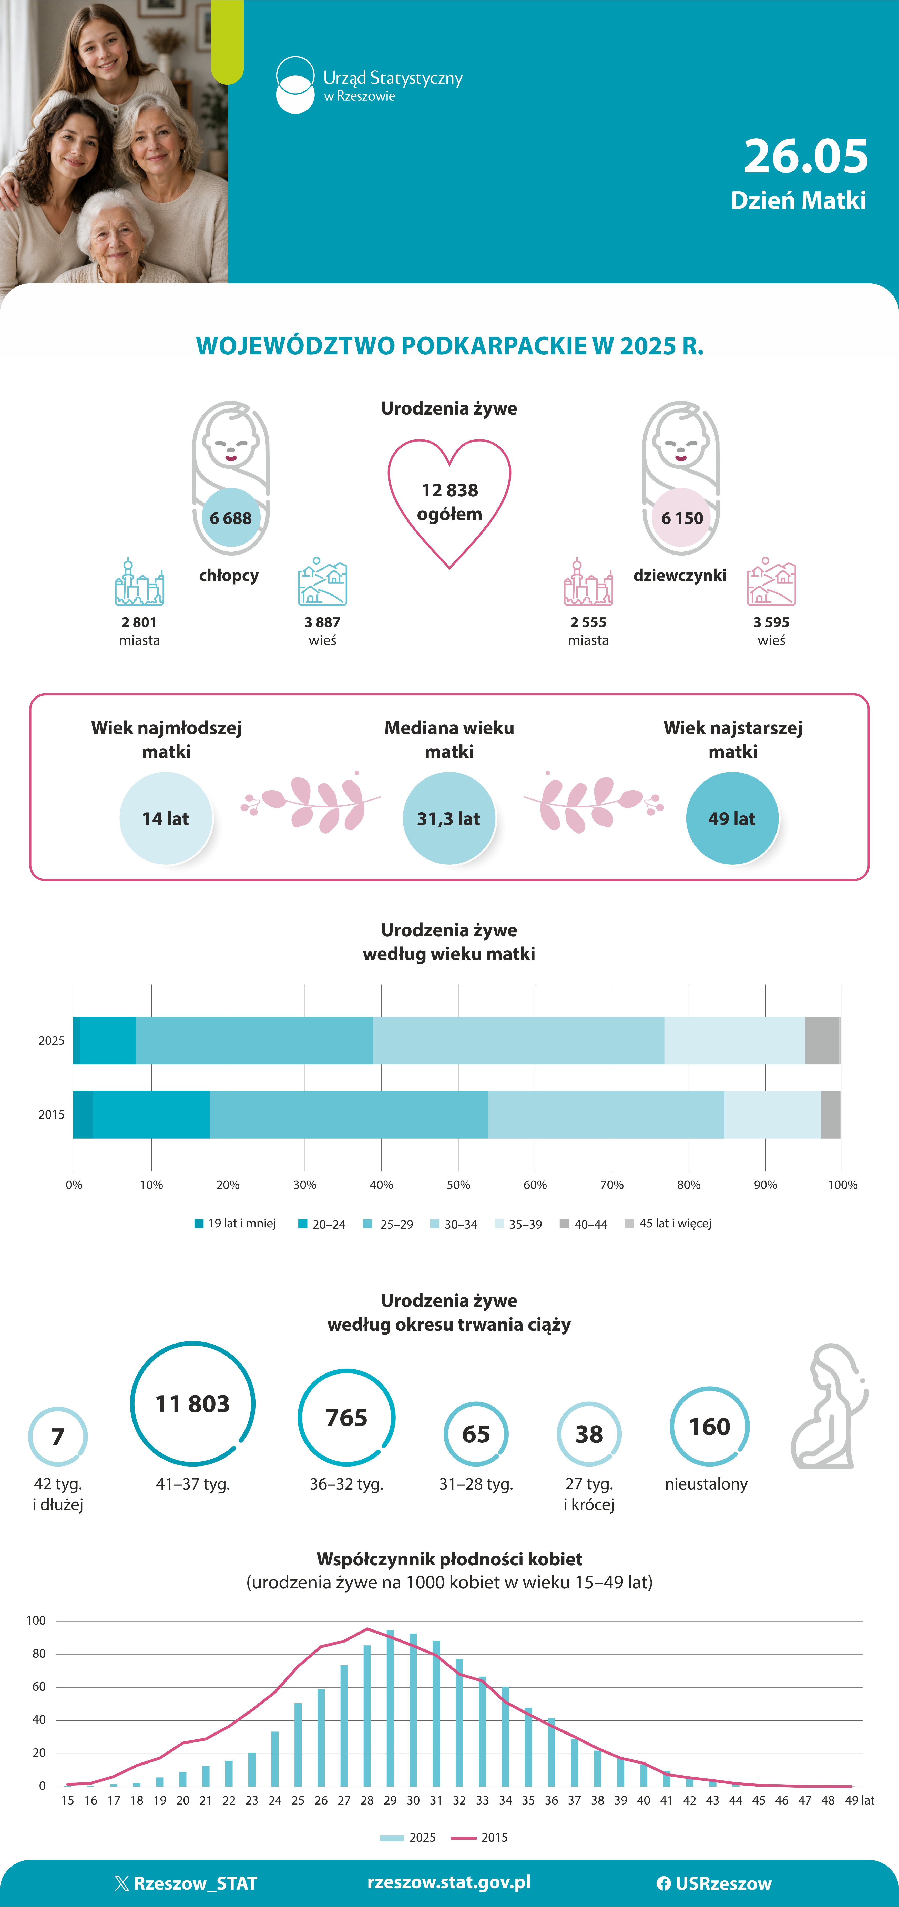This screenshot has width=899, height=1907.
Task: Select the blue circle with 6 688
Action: click(231, 517)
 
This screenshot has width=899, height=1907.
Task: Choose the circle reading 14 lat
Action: click(166, 818)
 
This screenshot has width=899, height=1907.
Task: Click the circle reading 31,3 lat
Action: click(449, 818)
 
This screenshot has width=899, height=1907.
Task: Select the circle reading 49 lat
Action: click(732, 818)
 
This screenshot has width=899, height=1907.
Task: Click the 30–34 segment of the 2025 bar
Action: click(518, 1040)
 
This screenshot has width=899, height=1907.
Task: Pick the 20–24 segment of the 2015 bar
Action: click(151, 1114)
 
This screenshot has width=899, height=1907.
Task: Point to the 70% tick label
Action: click(612, 1184)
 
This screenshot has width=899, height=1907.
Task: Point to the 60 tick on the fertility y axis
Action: click(39, 1686)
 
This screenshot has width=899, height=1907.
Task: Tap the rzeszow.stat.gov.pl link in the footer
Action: click(449, 1882)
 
